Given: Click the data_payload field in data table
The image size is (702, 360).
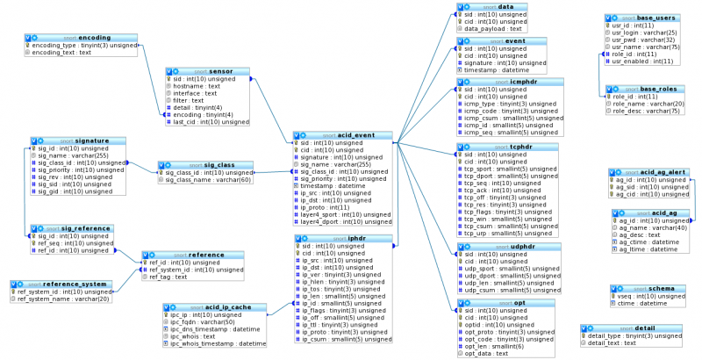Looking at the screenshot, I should click(x=497, y=28).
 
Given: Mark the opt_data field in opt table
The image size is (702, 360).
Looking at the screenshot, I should click(x=491, y=353).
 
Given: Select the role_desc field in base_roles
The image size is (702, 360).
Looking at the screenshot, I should click(x=646, y=111).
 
